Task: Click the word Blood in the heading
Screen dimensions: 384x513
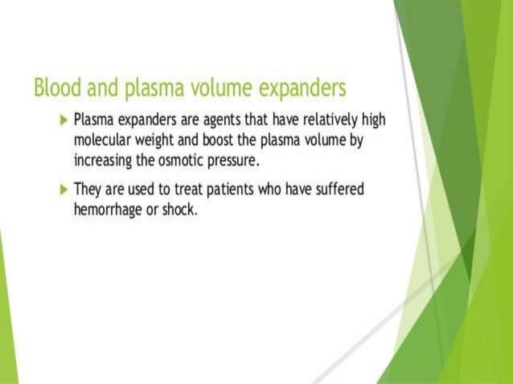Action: click(55, 87)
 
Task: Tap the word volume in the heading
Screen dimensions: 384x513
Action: click(212, 87)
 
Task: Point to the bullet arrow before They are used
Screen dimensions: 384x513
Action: click(64, 190)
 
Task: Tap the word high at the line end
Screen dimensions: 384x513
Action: click(371, 120)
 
